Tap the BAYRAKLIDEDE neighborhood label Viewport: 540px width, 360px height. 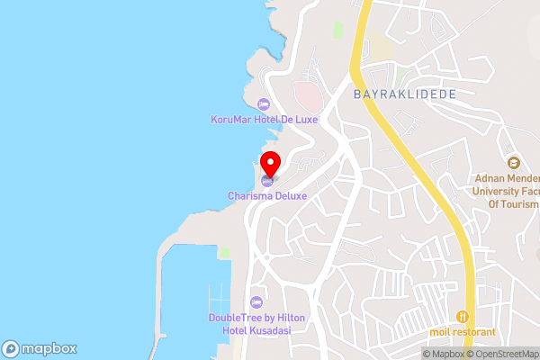click(404, 94)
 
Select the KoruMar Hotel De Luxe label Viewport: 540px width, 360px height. click(264, 119)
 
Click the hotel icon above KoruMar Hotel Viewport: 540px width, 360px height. click(263, 103)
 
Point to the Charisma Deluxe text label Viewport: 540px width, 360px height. click(267, 195)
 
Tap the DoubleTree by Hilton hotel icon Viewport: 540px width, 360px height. click(256, 301)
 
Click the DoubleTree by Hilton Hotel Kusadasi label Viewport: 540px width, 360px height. click(256, 324)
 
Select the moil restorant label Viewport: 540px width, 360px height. click(463, 332)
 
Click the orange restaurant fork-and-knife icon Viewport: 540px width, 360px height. click(462, 316)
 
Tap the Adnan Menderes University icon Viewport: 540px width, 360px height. click(514, 163)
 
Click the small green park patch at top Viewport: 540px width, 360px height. click(338, 30)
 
